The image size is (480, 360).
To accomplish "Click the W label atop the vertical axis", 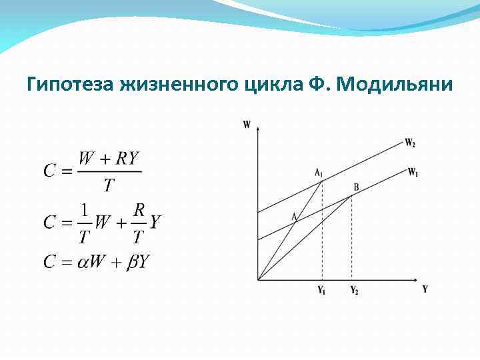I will pyautogui.click(x=247, y=124).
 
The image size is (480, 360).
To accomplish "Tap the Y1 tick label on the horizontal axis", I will pyautogui.click(x=321, y=291).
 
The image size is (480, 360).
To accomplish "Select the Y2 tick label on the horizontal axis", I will pyautogui.click(x=353, y=291).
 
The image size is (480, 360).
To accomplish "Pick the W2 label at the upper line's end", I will pyautogui.click(x=410, y=142).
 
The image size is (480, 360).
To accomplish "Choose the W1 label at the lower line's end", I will pyautogui.click(x=413, y=171).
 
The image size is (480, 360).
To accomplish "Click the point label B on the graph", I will pyautogui.click(x=356, y=187).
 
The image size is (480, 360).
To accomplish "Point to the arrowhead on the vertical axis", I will pyautogui.click(x=257, y=126).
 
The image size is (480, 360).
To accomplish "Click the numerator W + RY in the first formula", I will pyautogui.click(x=109, y=159).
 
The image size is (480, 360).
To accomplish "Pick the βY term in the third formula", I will pyautogui.click(x=139, y=262).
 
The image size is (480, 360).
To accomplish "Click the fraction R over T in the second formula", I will pyautogui.click(x=139, y=223).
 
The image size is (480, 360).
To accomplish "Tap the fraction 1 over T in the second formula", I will pyautogui.click(x=84, y=223).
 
